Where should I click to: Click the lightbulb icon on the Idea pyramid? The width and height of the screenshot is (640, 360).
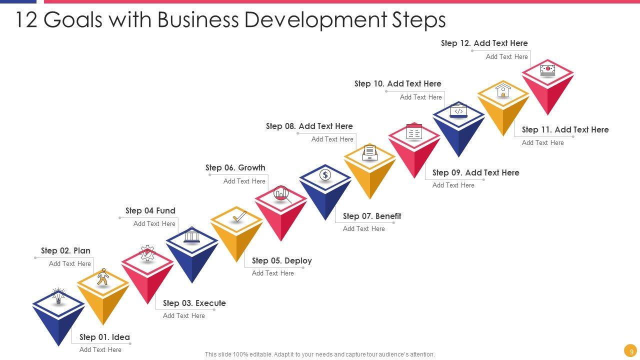point(58,296)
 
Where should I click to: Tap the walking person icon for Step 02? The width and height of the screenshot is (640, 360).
point(103,277)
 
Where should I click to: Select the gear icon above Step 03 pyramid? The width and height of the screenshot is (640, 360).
point(147,253)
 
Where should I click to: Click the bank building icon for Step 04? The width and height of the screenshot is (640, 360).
point(191,234)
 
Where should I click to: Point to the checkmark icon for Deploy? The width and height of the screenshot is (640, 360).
point(239,216)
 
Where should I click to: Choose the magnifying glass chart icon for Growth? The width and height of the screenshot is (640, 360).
point(282,194)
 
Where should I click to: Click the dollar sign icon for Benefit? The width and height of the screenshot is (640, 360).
point(325,175)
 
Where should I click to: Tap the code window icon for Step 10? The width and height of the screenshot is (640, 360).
point(458,110)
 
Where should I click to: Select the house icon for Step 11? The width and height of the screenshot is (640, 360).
point(503,90)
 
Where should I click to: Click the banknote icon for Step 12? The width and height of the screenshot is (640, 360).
point(547,69)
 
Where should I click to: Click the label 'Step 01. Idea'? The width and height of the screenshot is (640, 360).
point(104,337)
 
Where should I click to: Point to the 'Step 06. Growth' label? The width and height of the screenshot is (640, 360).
point(235,167)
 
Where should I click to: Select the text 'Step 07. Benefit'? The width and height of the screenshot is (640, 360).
point(372,216)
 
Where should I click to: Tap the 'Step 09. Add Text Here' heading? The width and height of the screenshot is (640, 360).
point(475,172)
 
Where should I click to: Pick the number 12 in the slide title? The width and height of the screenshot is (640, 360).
point(26,20)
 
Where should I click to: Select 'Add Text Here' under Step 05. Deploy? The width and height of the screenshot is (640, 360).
point(272,273)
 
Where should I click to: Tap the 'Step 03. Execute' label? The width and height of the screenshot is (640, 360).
point(194,303)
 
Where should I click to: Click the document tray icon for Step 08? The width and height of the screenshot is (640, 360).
point(369,152)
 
